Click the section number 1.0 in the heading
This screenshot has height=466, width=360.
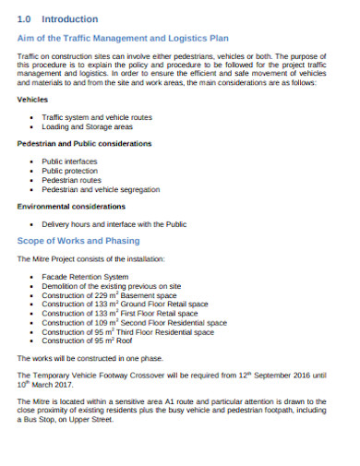(26, 18)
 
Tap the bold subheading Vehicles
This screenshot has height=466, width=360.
(33, 101)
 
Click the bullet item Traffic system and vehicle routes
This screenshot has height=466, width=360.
(97, 117)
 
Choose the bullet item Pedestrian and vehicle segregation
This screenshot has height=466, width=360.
(99, 191)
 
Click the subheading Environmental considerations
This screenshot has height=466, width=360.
(71, 207)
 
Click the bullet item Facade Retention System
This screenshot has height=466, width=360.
(85, 276)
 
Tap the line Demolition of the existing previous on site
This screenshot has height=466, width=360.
(108, 286)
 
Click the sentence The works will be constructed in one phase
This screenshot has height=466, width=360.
(91, 358)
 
